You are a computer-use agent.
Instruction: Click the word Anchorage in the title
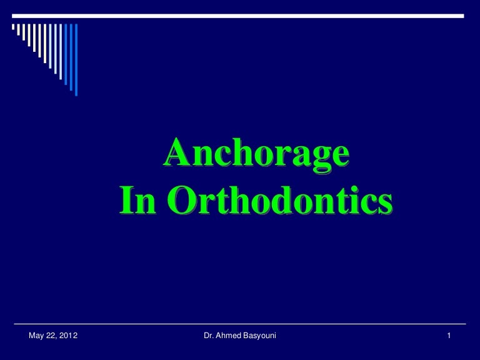pos(256,154)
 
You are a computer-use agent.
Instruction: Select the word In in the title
pos(139,201)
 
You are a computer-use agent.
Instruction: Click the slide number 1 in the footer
pos(449,337)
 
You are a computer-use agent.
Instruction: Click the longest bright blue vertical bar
pos(76,60)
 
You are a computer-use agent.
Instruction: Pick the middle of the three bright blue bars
pos(69,55)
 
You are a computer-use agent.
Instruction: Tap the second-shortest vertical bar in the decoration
pos(19,32)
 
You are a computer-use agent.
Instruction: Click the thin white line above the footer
pos(240,324)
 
